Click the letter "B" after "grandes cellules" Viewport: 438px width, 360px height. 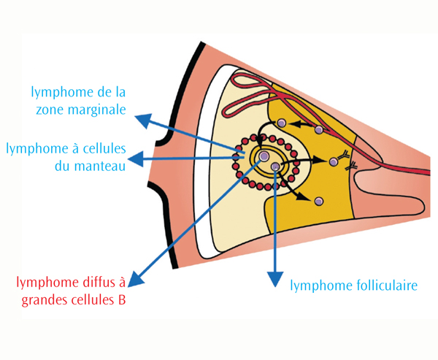tap(121, 300)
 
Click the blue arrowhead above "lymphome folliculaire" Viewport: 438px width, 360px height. tap(275, 278)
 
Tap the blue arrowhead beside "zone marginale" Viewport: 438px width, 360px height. tap(144, 120)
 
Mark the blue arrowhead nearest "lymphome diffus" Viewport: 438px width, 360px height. tap(135, 280)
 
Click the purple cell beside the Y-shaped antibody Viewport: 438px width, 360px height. tap(333, 161)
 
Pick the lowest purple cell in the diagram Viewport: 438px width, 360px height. tap(319, 201)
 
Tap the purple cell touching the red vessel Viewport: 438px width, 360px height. tap(319, 130)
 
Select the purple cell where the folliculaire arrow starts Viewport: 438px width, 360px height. tap(275, 166)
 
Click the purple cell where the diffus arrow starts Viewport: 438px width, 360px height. tap(263, 156)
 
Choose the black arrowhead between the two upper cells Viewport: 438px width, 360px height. tap(296, 124)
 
